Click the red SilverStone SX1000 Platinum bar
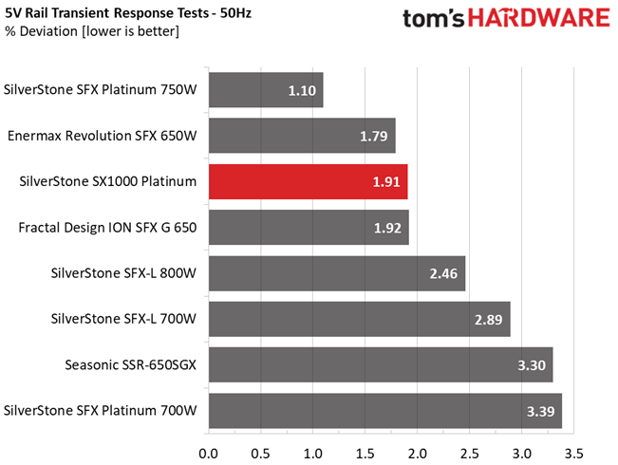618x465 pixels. (309, 181)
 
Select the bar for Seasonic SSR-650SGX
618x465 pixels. (381, 365)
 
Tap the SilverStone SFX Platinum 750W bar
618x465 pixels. (266, 90)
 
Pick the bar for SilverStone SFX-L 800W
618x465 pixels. (337, 273)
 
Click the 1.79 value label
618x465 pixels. (374, 137)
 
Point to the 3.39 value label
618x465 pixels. (541, 412)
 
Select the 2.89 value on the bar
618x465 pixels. (488, 320)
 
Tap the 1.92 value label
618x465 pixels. (387, 228)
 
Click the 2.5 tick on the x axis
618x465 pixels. (469, 454)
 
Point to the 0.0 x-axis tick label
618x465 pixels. (209, 454)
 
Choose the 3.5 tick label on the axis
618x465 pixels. (573, 454)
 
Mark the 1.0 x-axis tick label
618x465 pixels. (313, 454)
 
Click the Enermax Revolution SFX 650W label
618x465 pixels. (103, 136)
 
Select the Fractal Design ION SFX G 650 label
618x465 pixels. (107, 228)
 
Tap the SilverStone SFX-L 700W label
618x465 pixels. (123, 319)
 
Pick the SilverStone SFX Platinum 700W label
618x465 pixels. (100, 410)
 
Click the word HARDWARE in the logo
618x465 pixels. (539, 18)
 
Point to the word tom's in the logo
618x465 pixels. (434, 19)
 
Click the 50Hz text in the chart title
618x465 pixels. (235, 13)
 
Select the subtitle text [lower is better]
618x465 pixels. (130, 31)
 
